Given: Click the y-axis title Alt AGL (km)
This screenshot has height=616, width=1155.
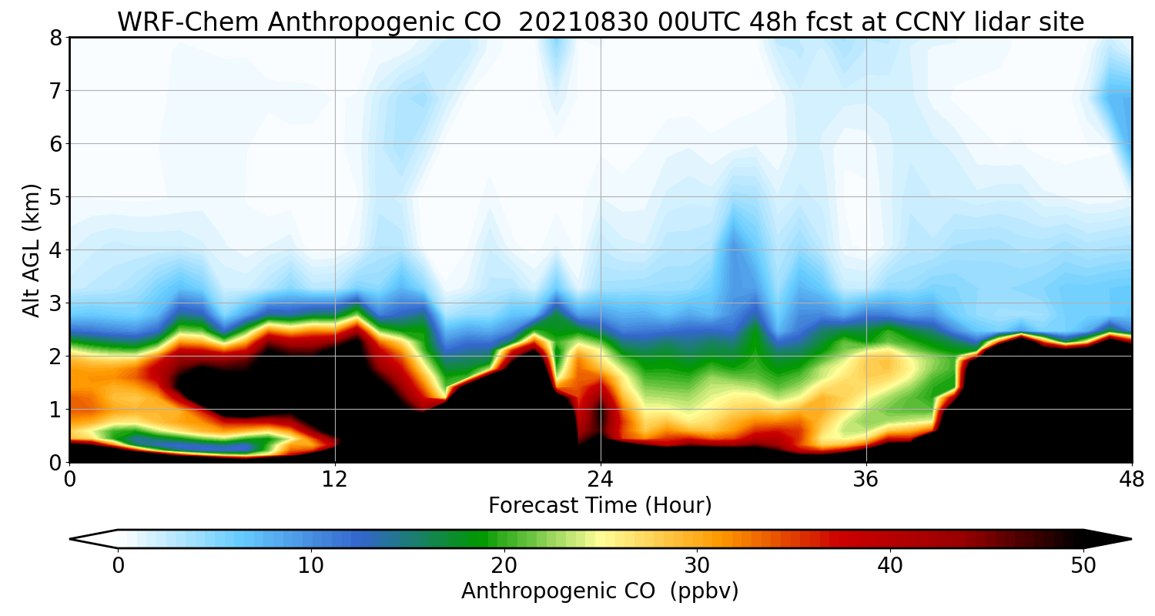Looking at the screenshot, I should click(x=32, y=250).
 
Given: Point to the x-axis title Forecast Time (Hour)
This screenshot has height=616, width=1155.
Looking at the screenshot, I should click(x=600, y=506).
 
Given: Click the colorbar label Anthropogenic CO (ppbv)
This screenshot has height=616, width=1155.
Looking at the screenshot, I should click(x=600, y=591).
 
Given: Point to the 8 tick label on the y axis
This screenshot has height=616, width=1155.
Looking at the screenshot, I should click(x=55, y=38).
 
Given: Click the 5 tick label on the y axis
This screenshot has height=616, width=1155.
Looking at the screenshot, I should click(x=55, y=197).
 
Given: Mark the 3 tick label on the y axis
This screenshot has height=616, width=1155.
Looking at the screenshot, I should click(x=55, y=303).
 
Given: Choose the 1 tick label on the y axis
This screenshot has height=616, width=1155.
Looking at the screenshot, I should click(x=55, y=410).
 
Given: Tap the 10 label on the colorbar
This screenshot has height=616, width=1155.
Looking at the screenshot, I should click(x=311, y=565).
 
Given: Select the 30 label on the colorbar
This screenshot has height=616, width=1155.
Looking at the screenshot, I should click(x=698, y=565).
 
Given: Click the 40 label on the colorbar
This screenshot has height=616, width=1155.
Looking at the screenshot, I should click(x=891, y=565).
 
